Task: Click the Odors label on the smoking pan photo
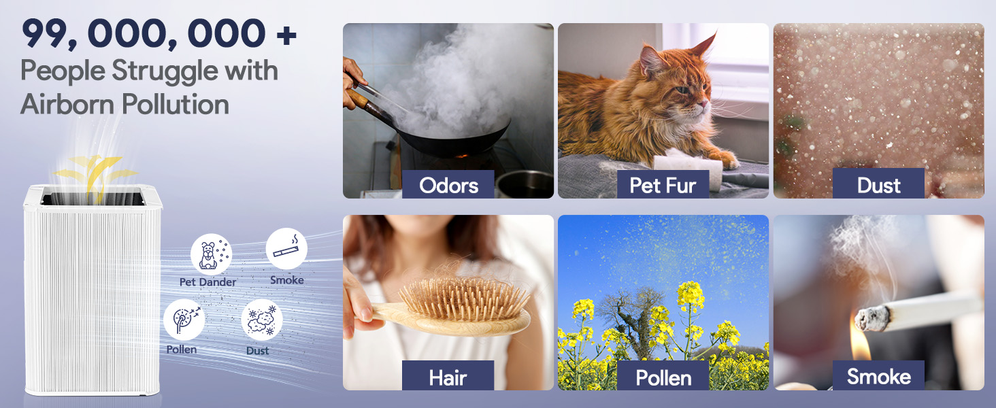coord(448,184)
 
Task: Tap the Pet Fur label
coord(663,184)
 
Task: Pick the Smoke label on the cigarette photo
coord(878,375)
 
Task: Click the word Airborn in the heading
coord(67,105)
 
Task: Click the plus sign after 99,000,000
coord(286,35)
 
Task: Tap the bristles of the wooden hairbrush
coord(463,296)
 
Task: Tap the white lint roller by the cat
coord(688,165)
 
